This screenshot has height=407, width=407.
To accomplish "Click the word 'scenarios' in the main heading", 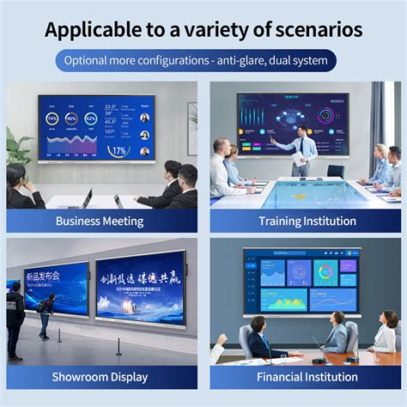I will click(315, 30).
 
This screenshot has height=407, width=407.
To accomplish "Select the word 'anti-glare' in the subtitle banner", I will click(248, 61).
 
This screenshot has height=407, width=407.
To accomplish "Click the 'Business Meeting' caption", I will click(100, 221).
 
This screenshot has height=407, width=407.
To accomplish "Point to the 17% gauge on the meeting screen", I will click(118, 150).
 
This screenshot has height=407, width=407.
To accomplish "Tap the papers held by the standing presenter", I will click(299, 159).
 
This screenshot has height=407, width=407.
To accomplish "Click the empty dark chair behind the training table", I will click(336, 172).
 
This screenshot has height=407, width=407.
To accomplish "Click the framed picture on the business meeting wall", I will click(192, 117).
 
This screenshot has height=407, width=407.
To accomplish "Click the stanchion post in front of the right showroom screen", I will click(118, 347).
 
